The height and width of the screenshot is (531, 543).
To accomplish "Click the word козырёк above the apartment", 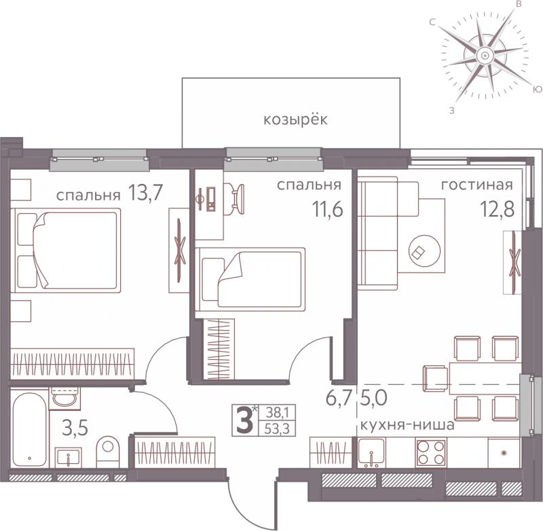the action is point(295,120).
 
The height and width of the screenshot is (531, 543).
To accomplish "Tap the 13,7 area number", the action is point(145,193).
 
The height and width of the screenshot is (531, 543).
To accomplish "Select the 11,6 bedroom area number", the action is point(327,209).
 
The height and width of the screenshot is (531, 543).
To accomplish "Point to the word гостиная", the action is point(477,185).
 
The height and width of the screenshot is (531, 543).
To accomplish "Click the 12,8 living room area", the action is point(497,209).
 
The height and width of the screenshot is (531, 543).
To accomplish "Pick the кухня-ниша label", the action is point(408,424).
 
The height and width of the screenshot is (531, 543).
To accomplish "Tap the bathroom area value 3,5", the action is point(75,428).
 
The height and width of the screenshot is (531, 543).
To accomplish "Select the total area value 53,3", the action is point(277,429).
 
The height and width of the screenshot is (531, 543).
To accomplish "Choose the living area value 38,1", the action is point(277,413).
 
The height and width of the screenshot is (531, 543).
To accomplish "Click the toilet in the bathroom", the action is point(107,452).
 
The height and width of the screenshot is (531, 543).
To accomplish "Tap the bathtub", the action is point(29,430).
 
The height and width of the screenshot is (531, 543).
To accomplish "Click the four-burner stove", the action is point(431,452).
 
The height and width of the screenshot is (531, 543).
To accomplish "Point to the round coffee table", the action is point(425,251).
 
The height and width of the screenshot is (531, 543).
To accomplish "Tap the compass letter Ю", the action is point(537,90).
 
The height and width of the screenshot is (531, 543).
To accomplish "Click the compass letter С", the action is point(432,22).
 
